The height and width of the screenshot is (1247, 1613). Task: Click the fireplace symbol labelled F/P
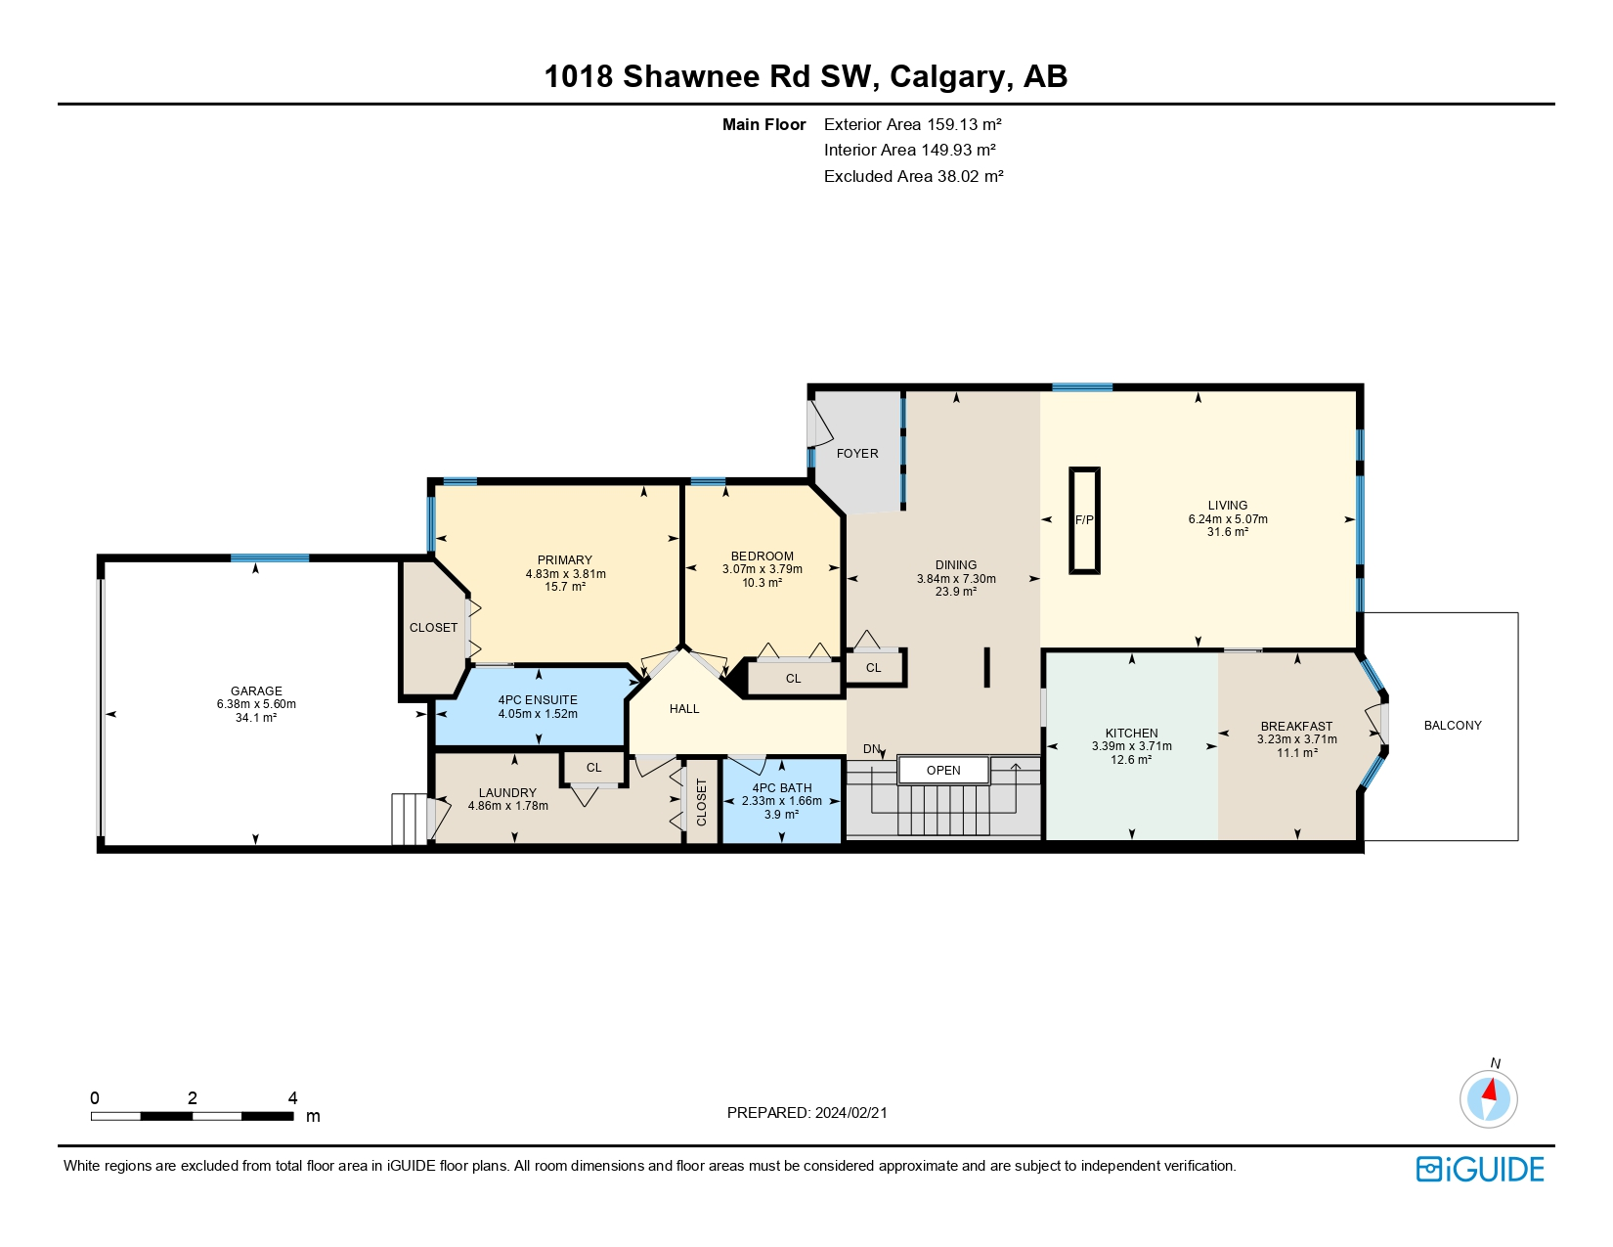(x=1084, y=520)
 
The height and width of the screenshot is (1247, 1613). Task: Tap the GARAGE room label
(x=256, y=690)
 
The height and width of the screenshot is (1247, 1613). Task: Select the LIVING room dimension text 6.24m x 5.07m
(x=1228, y=519)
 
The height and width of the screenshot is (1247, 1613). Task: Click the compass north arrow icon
(x=1489, y=1096)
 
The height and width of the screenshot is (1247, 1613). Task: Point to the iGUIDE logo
(x=1480, y=1169)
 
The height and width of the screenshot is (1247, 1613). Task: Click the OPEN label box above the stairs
(x=943, y=770)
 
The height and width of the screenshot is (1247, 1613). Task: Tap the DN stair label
(x=872, y=749)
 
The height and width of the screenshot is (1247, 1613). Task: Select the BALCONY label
(x=1453, y=725)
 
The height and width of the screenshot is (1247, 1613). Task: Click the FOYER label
(x=857, y=454)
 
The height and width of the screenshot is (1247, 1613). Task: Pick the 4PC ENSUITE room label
(x=538, y=700)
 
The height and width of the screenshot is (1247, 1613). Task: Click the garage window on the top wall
(x=270, y=558)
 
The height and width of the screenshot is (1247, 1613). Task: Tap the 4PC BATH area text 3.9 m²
(x=781, y=814)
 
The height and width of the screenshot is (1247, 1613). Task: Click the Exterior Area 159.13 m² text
(x=912, y=124)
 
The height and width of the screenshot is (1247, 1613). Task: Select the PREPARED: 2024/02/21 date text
(x=807, y=1112)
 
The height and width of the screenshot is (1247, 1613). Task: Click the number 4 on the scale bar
(x=292, y=1098)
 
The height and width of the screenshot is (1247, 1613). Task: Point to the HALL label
(x=684, y=709)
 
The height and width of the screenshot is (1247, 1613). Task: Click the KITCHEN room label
(x=1131, y=733)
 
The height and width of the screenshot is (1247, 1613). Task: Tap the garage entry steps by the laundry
(x=410, y=819)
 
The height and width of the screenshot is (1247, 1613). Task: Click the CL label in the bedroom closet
(x=793, y=679)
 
